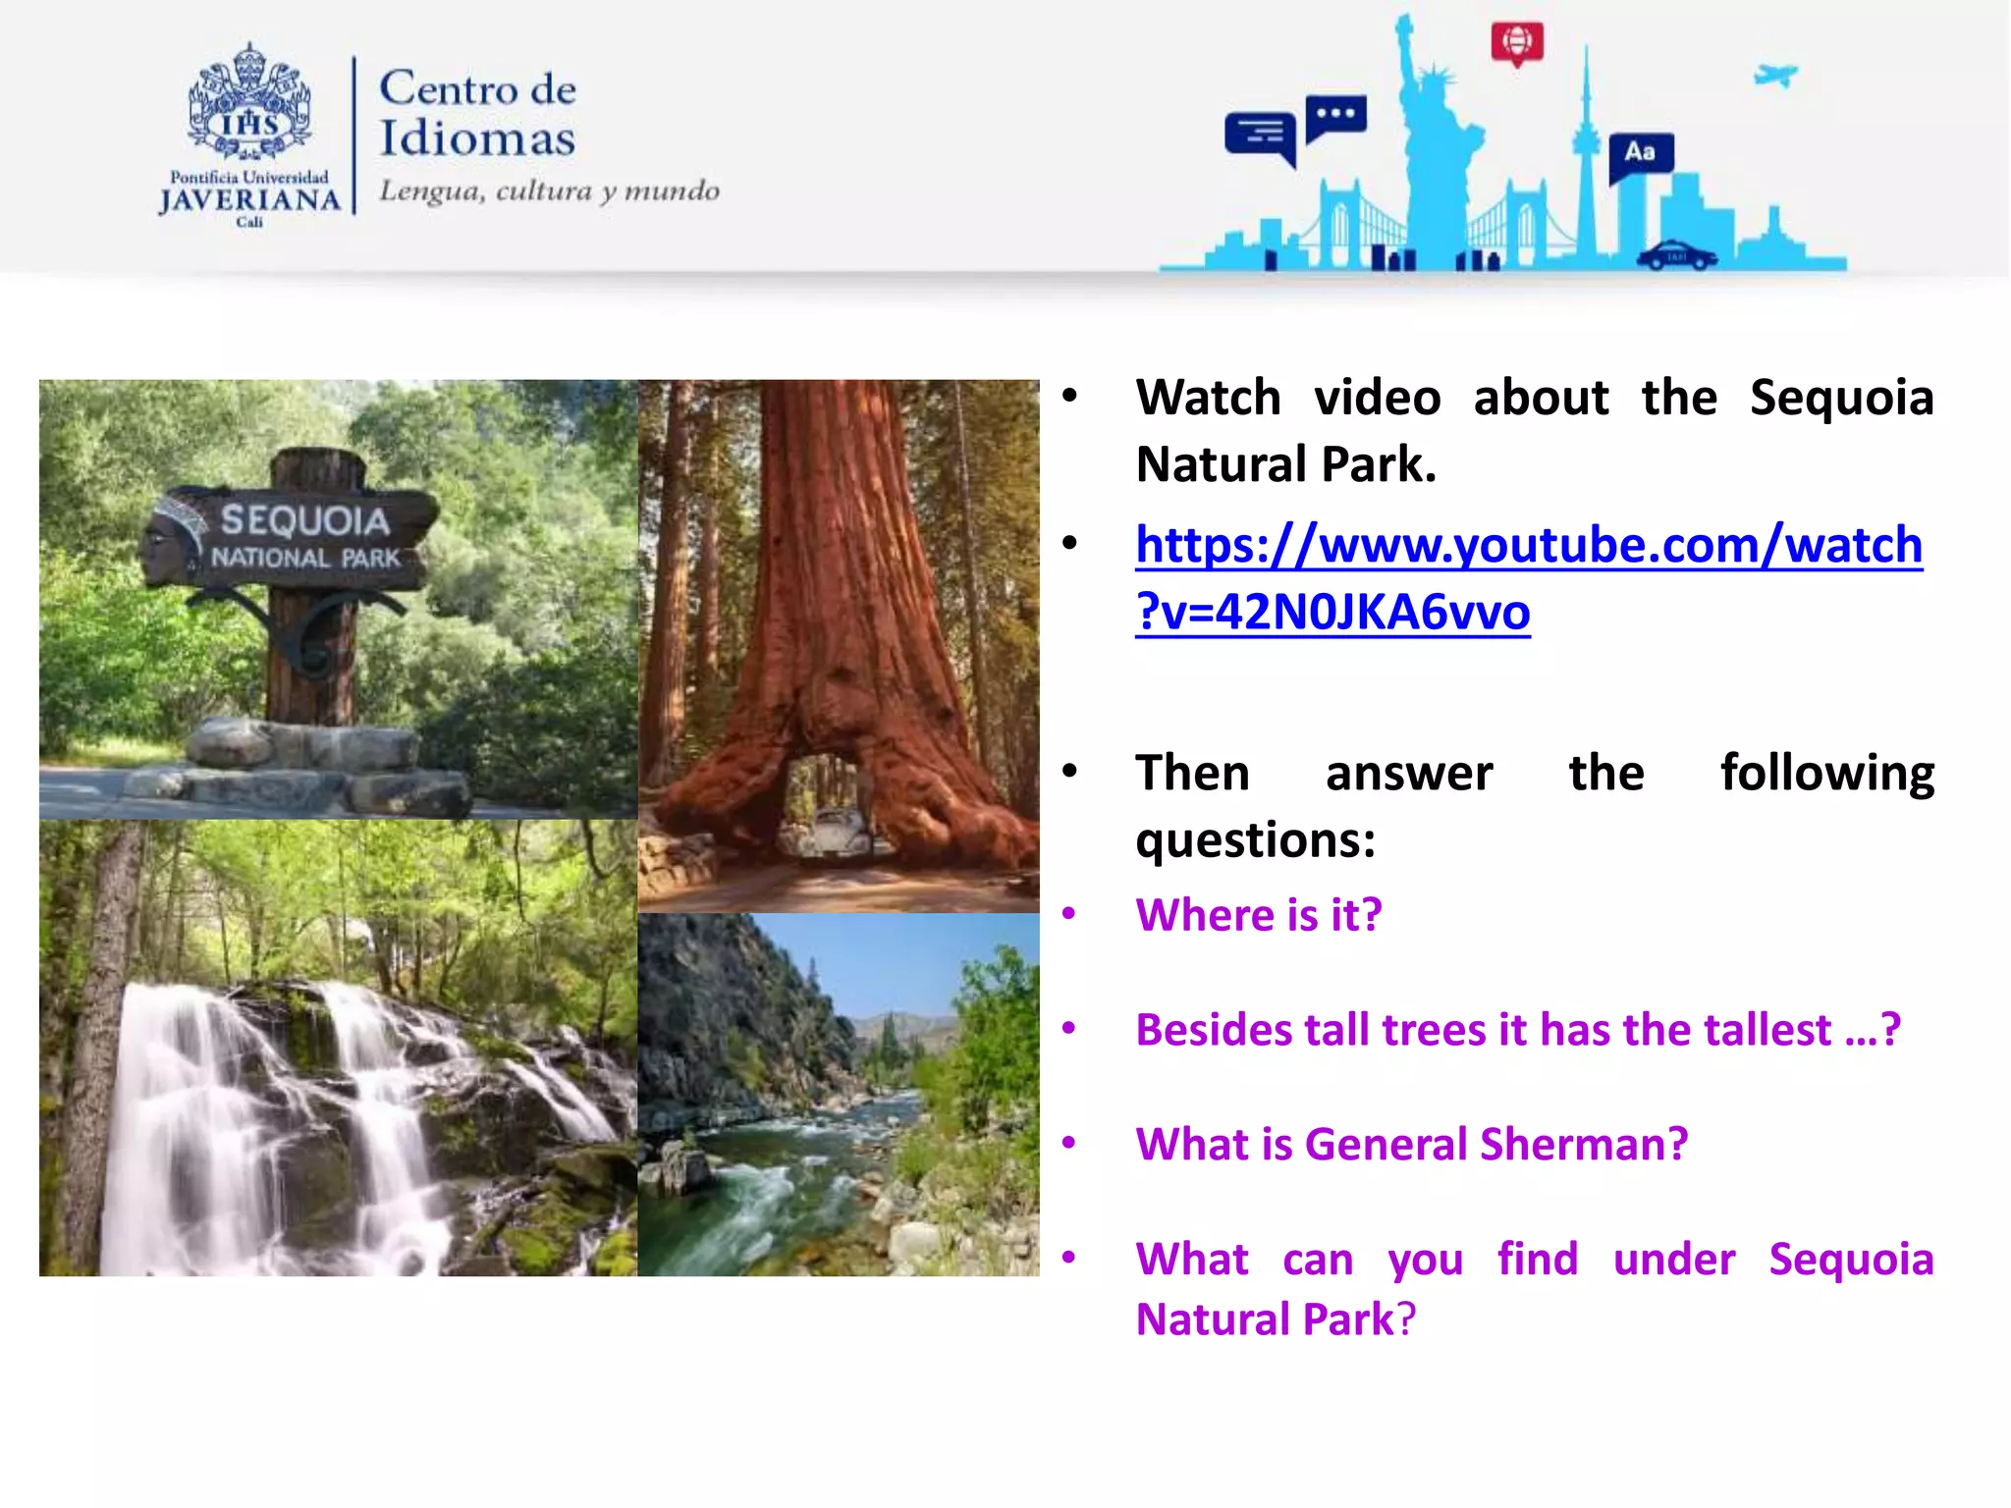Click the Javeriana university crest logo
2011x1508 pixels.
point(249,103)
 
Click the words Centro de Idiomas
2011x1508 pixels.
point(477,113)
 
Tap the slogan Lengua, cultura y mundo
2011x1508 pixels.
point(549,189)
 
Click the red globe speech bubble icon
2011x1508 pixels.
point(1517,43)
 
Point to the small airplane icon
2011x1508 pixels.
point(1775,75)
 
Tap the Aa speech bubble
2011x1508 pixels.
point(1640,154)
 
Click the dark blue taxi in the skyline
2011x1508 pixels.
point(1676,255)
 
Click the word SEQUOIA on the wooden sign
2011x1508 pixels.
point(304,520)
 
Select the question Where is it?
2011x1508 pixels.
point(1258,915)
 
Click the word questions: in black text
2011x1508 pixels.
point(1255,840)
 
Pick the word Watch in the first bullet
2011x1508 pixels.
point(1208,398)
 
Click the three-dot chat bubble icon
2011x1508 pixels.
point(1335,117)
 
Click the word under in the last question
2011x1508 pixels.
point(1673,1260)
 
